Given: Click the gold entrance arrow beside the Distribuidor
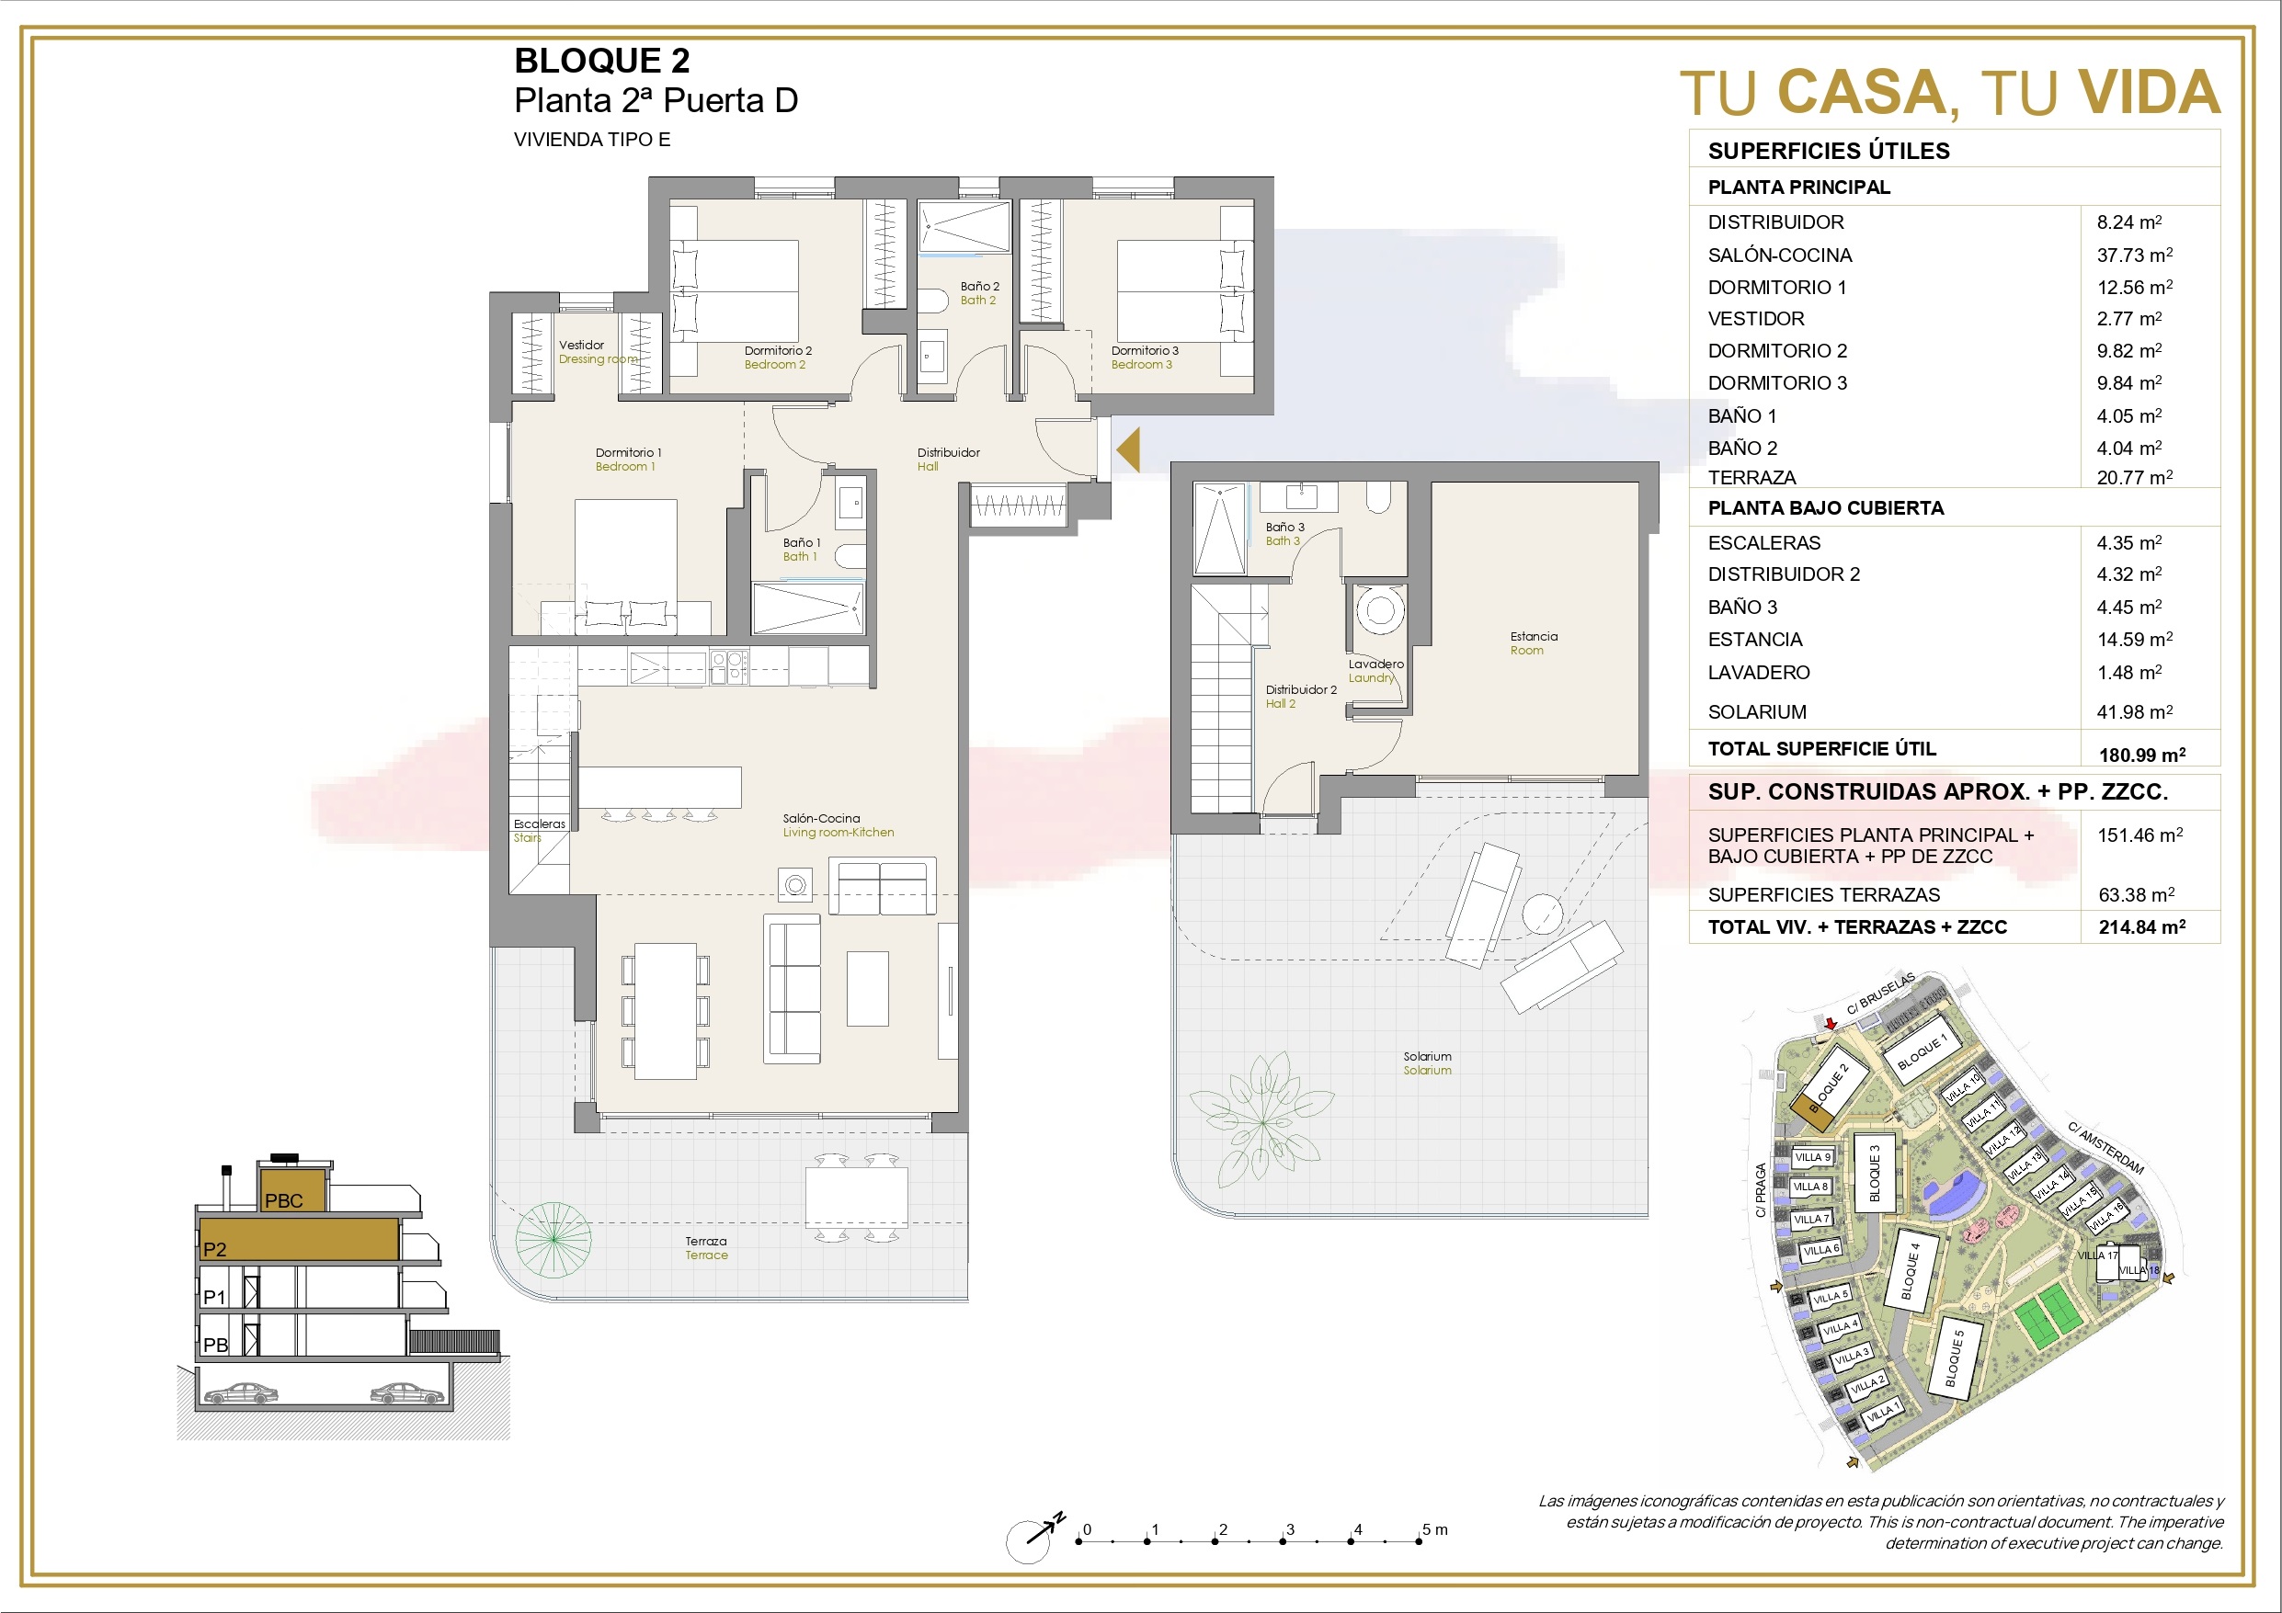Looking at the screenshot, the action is click(1128, 450).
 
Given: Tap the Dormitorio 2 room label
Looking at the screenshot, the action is click(778, 351).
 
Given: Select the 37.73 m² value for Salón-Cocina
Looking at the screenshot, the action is click(2135, 255).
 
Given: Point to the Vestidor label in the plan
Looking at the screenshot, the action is click(581, 345).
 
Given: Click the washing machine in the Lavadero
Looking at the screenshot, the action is click(1379, 609).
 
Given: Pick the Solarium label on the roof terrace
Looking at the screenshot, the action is click(1427, 1056).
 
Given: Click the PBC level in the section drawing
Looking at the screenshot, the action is click(292, 1189).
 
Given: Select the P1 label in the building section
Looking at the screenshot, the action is click(214, 1297).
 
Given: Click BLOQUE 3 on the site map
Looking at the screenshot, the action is click(1875, 1173).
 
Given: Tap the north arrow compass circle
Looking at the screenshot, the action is click(1028, 1542).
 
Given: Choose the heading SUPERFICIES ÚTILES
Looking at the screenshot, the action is click(1829, 151).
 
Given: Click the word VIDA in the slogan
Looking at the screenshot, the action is click(2150, 93).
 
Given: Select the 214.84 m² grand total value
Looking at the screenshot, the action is click(2142, 927).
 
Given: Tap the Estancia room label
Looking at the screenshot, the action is click(1534, 636).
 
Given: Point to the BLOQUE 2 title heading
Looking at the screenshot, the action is click(601, 61).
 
